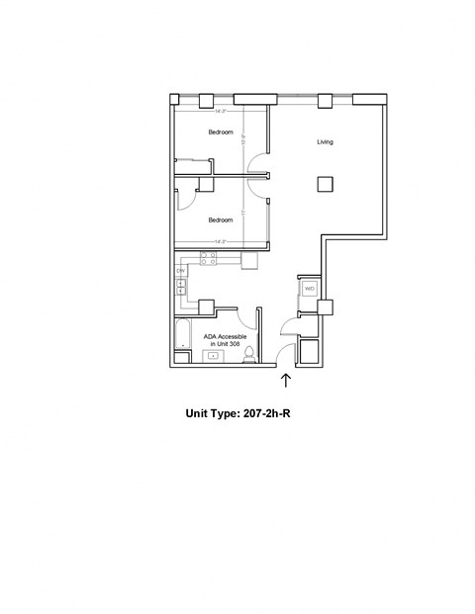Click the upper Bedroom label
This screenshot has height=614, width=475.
(220, 132)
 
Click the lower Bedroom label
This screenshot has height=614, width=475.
(220, 219)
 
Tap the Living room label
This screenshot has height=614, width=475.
(325, 142)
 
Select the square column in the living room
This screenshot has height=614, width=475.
(325, 184)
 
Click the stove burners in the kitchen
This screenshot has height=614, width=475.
(208, 258)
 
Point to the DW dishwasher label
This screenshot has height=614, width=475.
(181, 270)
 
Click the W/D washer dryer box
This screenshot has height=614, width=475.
(309, 289)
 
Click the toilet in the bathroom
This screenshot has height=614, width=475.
(249, 354)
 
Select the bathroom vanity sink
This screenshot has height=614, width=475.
(213, 357)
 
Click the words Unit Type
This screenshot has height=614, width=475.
(212, 415)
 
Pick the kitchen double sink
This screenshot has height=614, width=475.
(181, 288)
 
